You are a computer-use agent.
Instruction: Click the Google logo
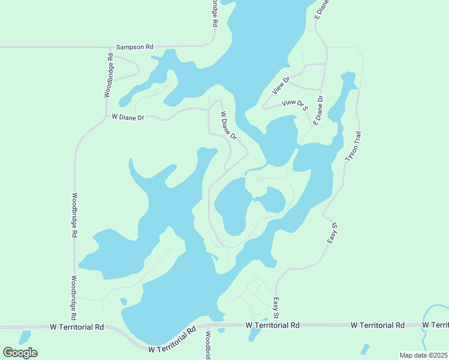click(20, 352)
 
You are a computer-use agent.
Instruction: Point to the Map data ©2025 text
click(423, 355)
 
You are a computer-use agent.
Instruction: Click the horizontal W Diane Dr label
click(128, 118)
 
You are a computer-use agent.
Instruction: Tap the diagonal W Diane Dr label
click(229, 125)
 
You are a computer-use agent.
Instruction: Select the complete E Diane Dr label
click(319, 108)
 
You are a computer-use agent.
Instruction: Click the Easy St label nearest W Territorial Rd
click(276, 308)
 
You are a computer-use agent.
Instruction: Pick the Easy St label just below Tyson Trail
click(334, 234)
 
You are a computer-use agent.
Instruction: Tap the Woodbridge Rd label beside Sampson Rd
click(109, 76)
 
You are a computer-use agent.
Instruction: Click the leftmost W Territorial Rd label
click(77, 327)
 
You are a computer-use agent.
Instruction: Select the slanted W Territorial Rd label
click(172, 340)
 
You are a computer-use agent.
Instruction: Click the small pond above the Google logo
click(25, 337)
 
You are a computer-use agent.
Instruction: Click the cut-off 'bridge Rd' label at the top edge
click(213, 13)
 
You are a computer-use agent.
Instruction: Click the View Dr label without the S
click(281, 85)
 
